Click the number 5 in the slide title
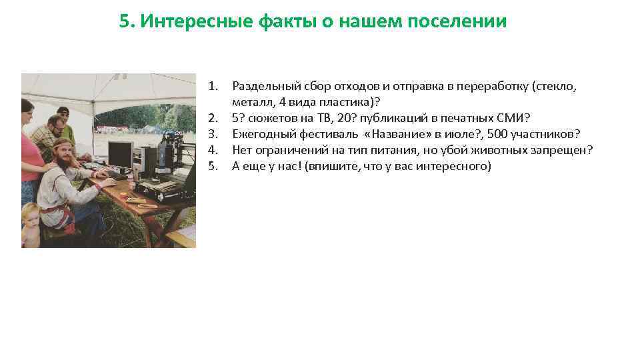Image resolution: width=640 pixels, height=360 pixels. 123,21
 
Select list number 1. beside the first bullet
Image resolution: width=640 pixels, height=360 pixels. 213,86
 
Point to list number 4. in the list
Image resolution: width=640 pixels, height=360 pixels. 213,150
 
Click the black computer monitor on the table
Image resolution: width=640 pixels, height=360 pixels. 121,154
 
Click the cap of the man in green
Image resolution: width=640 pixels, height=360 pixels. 63,110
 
